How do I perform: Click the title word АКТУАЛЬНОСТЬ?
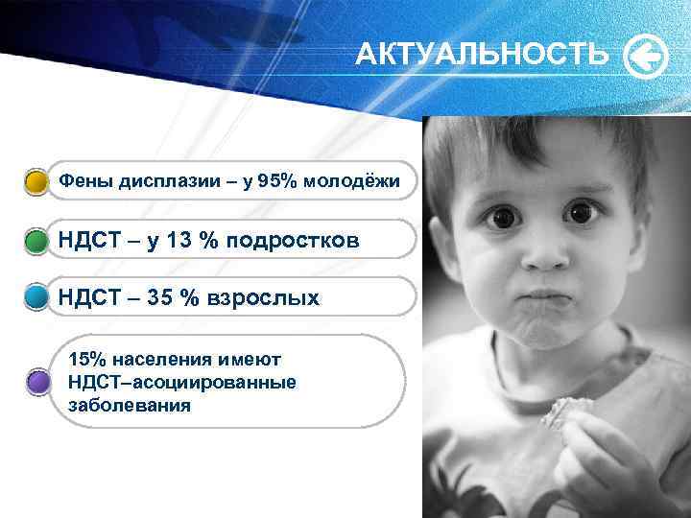tap(481, 56)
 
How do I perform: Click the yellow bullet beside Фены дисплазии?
tap(36, 182)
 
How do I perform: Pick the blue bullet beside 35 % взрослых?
tap(36, 298)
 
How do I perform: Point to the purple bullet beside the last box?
tap(37, 383)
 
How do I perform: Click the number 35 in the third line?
tap(160, 298)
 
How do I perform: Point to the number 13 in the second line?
tap(179, 241)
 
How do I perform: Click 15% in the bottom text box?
tap(87, 360)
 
